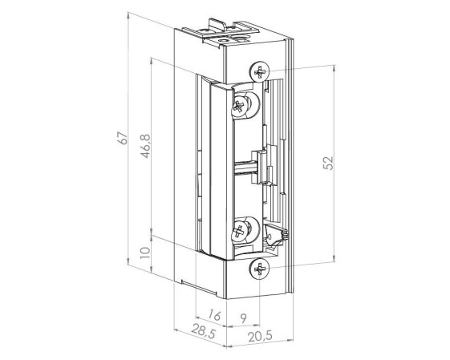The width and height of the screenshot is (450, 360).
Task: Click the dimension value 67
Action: pyautogui.click(x=123, y=138)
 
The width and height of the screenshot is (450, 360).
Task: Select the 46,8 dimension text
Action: pyautogui.click(x=145, y=146)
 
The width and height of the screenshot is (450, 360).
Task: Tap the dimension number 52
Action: pyautogui.click(x=328, y=164)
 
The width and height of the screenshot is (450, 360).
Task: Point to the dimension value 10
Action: pyautogui.click(x=145, y=253)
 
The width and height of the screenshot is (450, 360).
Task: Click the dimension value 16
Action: pyautogui.click(x=214, y=314)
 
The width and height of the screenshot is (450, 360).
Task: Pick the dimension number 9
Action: pyautogui.click(x=243, y=318)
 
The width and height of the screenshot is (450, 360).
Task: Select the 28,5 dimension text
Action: pyautogui.click(x=204, y=331)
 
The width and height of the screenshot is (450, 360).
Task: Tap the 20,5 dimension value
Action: pyautogui.click(x=260, y=336)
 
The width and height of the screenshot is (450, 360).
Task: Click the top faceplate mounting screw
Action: pyautogui.click(x=259, y=71)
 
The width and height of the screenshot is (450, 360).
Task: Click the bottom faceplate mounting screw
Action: pyautogui.click(x=259, y=269)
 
